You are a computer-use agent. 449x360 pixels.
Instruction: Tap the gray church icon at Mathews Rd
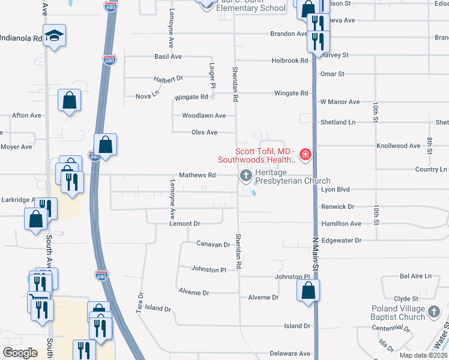point(245,176)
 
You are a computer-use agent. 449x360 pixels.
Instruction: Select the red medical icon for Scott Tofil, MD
point(306,155)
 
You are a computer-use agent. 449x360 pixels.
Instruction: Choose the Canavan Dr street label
point(213,244)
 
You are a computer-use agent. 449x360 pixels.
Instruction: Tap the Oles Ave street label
point(204,132)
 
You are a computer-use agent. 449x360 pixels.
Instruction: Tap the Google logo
point(20,353)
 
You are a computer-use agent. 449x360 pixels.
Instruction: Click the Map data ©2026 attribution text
point(423,355)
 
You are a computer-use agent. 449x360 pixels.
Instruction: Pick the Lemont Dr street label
point(184,223)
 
